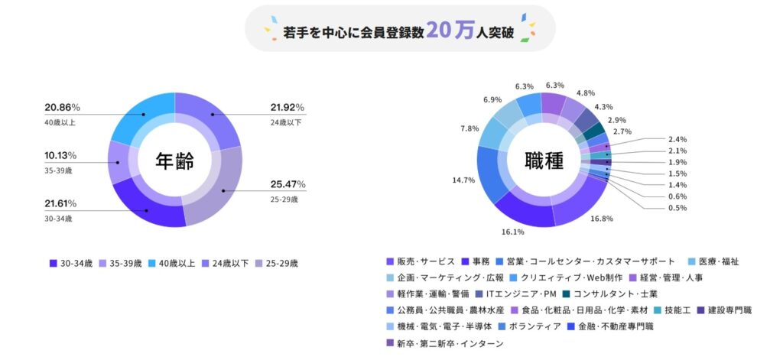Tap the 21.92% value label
tap(287, 107)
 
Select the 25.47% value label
tap(287, 184)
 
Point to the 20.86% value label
tap(62, 107)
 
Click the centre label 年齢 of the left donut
tap(174, 161)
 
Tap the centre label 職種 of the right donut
tap(544, 161)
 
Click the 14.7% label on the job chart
tap(463, 180)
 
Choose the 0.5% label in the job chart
tap(677, 208)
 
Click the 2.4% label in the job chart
tap(677, 140)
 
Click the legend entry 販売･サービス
tap(425, 261)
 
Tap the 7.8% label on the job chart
tap(469, 128)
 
